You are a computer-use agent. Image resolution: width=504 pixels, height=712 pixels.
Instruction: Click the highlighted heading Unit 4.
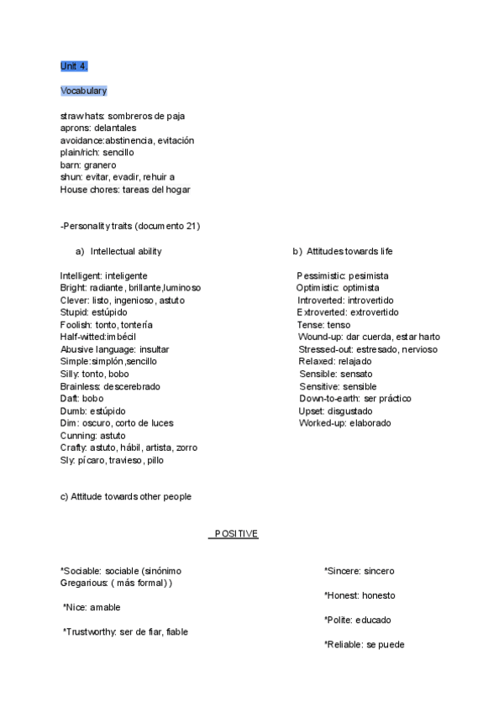point(74,65)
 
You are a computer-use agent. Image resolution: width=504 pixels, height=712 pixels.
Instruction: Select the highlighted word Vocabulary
point(83,91)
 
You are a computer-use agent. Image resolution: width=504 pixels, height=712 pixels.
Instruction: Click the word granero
point(101,165)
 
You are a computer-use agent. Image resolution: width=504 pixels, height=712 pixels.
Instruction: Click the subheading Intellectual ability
point(126,251)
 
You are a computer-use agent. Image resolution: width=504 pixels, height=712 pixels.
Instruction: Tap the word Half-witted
point(82,337)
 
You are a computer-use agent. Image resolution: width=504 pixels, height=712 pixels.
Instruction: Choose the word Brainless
point(81,386)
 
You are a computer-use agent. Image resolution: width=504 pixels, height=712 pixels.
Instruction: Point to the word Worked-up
point(321,423)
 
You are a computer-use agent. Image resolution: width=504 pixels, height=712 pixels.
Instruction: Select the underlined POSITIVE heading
point(235,534)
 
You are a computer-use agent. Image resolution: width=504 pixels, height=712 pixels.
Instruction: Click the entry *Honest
point(341,595)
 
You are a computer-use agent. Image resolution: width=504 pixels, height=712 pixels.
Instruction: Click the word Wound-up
point(320,337)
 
